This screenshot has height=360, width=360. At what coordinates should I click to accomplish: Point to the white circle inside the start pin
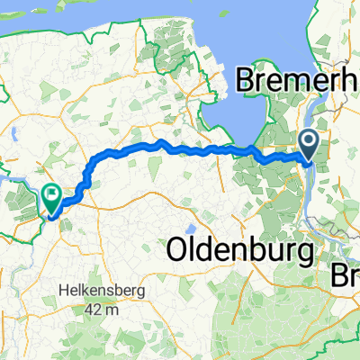pyautogui.click(x=308, y=140)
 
